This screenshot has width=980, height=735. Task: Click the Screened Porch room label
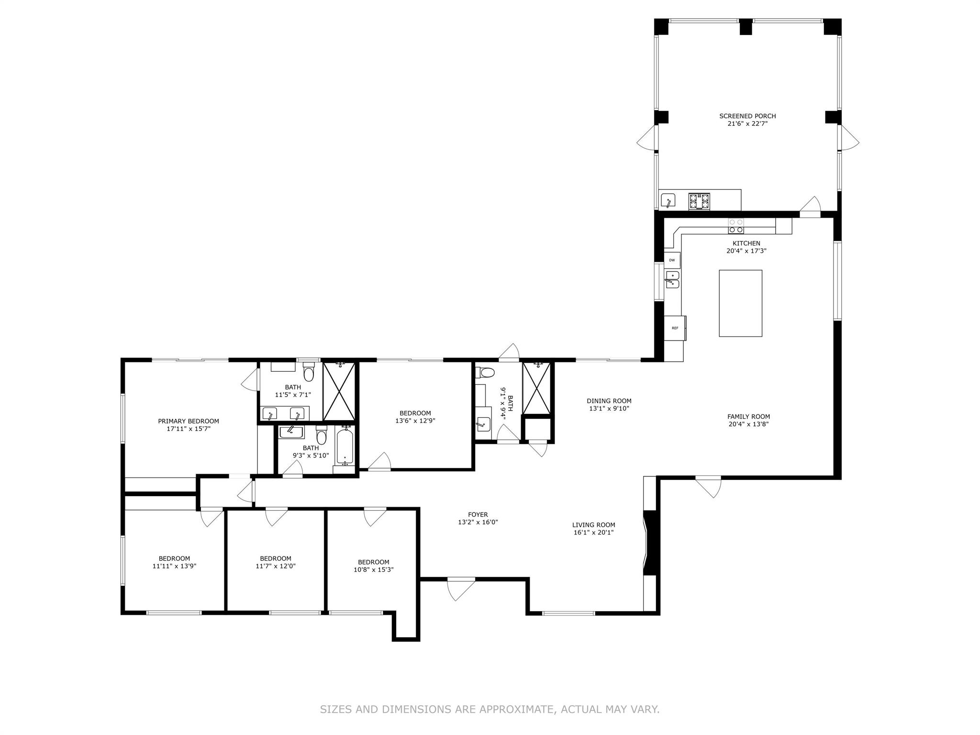pyautogui.click(x=747, y=116)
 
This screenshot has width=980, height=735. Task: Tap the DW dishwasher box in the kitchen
pyautogui.click(x=672, y=260)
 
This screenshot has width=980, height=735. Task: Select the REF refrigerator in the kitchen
pyautogui.click(x=675, y=328)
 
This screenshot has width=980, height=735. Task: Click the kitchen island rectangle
pyautogui.click(x=740, y=303)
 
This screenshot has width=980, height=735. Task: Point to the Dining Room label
pyautogui.click(x=609, y=401)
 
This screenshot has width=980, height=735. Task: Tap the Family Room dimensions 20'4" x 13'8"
pyautogui.click(x=748, y=424)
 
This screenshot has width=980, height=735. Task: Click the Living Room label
pyautogui.click(x=593, y=525)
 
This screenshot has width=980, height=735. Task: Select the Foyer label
pyautogui.click(x=478, y=515)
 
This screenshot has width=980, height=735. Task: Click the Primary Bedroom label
pyautogui.click(x=189, y=422)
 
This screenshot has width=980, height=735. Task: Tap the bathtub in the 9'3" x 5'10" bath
pyautogui.click(x=345, y=446)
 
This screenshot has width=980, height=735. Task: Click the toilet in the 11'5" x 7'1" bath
pyautogui.click(x=309, y=372)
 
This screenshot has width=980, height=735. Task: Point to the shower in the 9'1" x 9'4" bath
pyautogui.click(x=536, y=388)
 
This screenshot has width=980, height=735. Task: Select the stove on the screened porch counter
pyautogui.click(x=699, y=201)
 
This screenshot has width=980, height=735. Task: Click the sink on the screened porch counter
pyautogui.click(x=668, y=200)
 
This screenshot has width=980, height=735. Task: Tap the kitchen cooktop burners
pyautogui.click(x=736, y=226)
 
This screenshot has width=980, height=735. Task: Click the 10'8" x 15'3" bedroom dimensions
pyautogui.click(x=373, y=569)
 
